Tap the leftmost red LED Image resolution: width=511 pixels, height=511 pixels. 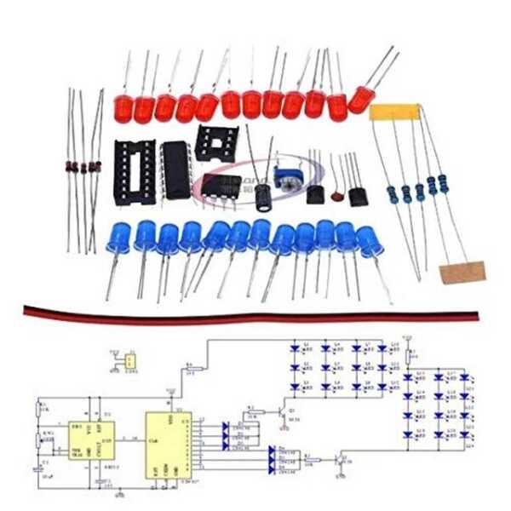(122, 106)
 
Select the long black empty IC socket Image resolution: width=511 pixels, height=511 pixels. (136, 171)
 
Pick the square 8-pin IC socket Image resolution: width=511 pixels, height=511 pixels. (215, 142)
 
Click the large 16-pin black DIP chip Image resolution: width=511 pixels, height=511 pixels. (174, 169)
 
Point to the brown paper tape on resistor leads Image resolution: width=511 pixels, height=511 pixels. (462, 273)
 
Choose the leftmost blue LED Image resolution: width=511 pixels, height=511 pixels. (118, 238)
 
